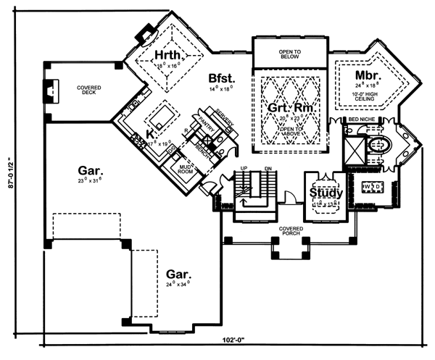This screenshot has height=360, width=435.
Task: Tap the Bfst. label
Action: [x=221, y=78]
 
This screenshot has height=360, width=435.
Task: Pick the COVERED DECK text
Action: [x=89, y=90]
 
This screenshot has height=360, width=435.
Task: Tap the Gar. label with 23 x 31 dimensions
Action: [x=91, y=172]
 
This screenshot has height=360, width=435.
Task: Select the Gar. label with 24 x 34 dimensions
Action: [x=178, y=275]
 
